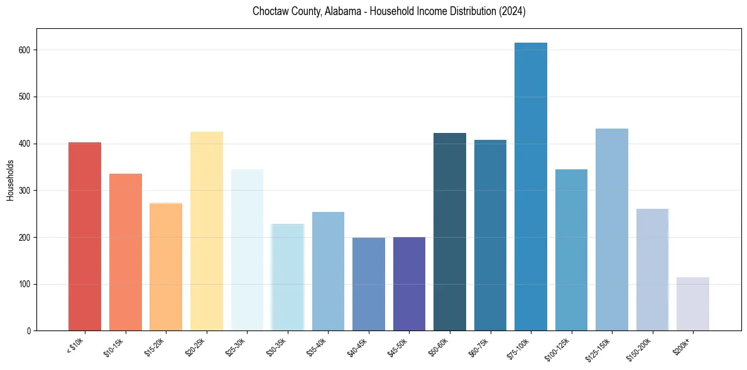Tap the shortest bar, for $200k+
point(693,304)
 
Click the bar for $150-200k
point(652,270)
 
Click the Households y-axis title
point(10,179)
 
